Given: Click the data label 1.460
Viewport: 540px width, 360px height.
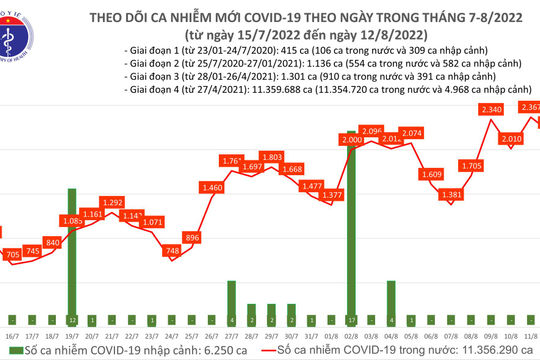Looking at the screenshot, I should coord(212,187).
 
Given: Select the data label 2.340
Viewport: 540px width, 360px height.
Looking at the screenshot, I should coord(491,109).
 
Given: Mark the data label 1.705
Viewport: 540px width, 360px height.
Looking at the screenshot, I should coord(472,165).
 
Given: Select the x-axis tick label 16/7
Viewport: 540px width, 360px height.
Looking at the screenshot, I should coord(13,339).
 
